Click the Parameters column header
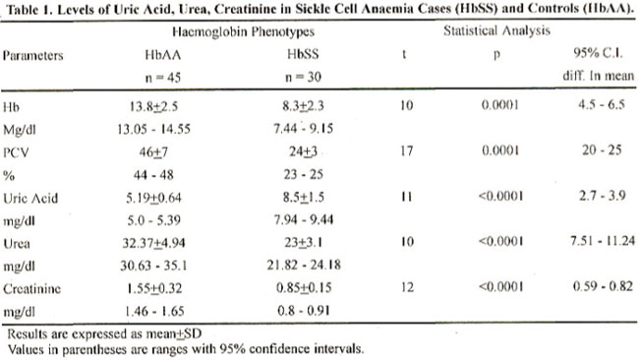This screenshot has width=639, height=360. click(x=33, y=55)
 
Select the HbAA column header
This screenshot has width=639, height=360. click(x=162, y=55)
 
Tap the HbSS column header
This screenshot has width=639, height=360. click(x=303, y=54)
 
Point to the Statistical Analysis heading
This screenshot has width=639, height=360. click(x=496, y=31)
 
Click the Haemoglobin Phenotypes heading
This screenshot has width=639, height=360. click(x=243, y=31)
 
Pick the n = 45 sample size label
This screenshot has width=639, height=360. click(x=163, y=78)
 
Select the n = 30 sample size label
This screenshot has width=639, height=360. click(x=303, y=77)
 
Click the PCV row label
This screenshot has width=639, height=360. click(x=16, y=152)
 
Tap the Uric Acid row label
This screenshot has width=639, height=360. click(x=30, y=198)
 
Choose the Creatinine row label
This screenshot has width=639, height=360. click(x=32, y=289)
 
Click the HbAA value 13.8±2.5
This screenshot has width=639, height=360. click(x=153, y=107)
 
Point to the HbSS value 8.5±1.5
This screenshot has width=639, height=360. click(x=303, y=198)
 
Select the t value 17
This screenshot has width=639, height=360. click(x=406, y=151)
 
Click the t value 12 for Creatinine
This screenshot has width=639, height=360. click(x=407, y=287)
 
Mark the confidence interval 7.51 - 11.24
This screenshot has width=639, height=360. click(x=603, y=241)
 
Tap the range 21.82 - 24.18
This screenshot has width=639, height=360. click(x=304, y=266)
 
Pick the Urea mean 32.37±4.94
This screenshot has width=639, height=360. click(x=153, y=243)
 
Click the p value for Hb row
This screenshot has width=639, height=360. click(x=500, y=105)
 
